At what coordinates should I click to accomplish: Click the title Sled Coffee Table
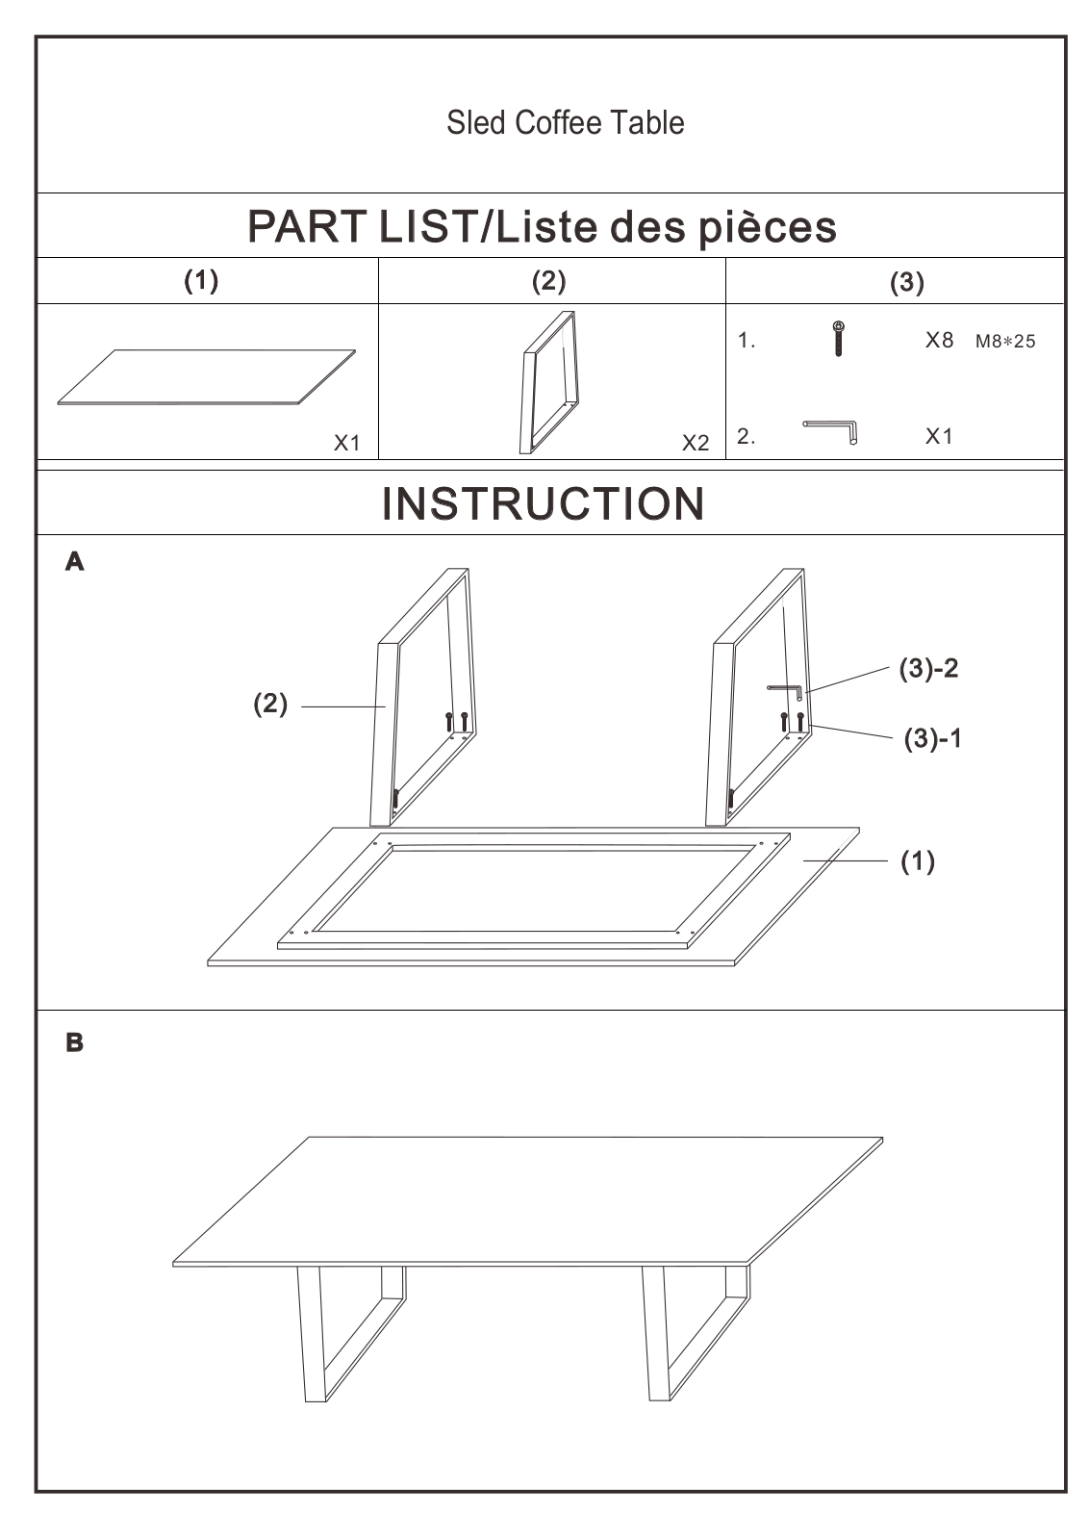tap(565, 122)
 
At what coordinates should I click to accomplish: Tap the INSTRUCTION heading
tap(543, 504)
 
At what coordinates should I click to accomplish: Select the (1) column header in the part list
tap(201, 281)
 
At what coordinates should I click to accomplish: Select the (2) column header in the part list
tap(549, 281)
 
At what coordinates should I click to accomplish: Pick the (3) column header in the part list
tap(907, 282)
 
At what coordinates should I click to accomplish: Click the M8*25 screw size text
tap(1005, 341)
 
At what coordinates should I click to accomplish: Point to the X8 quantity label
tap(939, 340)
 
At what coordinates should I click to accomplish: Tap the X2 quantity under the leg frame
tap(696, 443)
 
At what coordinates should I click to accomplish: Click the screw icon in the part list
tap(838, 338)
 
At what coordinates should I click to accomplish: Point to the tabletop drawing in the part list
tap(206, 376)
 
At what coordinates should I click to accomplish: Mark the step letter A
tap(74, 562)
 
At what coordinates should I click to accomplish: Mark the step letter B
tap(74, 1042)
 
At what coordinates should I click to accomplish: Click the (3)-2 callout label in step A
tap(928, 668)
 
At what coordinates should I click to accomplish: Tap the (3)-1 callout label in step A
tap(932, 738)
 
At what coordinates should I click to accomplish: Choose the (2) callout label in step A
tap(270, 704)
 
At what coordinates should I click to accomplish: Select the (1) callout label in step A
tap(917, 861)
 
